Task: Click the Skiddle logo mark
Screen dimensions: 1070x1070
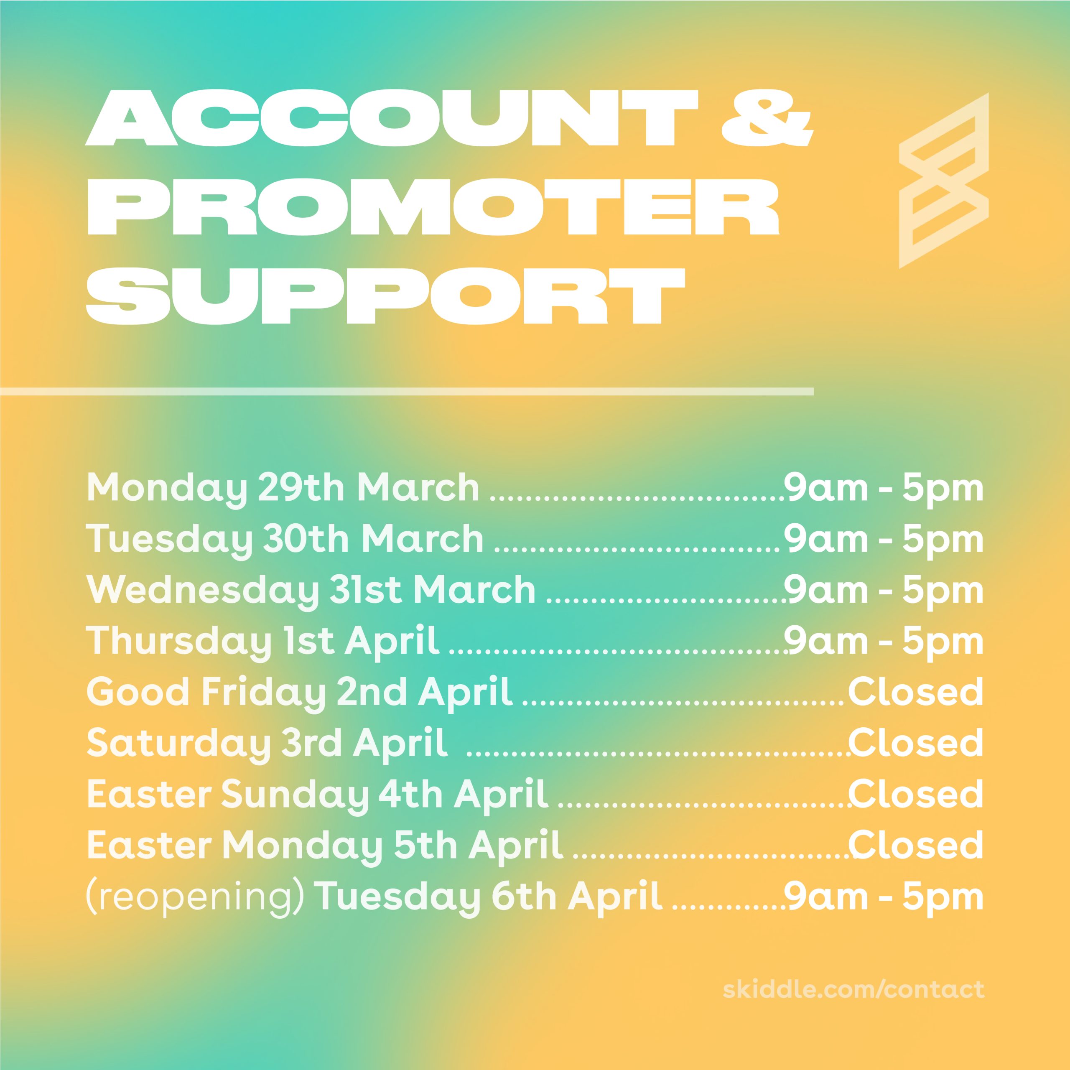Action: (x=944, y=181)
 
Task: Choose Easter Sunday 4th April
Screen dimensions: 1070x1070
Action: (x=318, y=795)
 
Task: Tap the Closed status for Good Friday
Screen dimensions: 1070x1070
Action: (x=915, y=692)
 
